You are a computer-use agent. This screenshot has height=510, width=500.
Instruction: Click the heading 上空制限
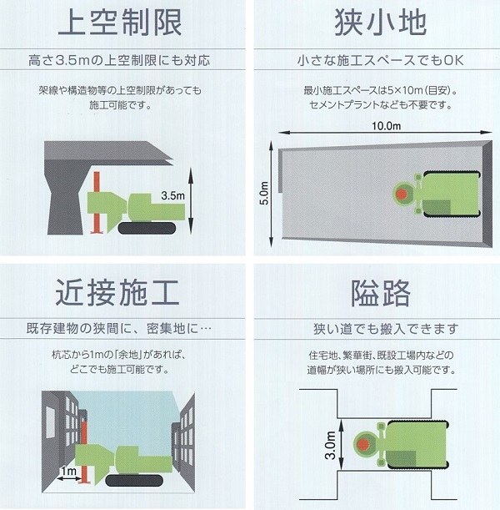pos(120,22)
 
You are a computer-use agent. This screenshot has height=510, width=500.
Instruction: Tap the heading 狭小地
pos(381,22)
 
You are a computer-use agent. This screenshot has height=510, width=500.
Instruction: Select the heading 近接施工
pos(117,292)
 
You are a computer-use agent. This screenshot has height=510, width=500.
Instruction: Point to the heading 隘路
pos(381,293)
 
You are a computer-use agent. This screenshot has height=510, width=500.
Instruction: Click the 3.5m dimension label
pos(172,195)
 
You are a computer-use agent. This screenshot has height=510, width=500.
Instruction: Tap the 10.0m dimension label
pos(386,126)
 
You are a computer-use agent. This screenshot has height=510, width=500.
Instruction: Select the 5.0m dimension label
pos(265,193)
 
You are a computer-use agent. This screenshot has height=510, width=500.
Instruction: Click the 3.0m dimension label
pos(330,445)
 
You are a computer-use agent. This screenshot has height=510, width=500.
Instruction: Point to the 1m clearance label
pos(69,470)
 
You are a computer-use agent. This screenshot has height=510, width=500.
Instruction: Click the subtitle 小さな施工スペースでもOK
pos(381,60)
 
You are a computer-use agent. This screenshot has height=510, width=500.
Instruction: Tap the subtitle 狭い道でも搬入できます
pos(386,329)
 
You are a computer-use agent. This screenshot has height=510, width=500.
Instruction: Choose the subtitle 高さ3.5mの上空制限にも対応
pos(119,60)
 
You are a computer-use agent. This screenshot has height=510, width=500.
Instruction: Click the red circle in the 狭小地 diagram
pos(402,194)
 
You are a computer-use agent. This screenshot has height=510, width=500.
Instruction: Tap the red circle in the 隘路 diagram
pos(363,444)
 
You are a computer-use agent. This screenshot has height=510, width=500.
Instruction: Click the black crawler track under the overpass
pos(147,229)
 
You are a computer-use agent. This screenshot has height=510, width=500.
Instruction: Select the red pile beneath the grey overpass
pos(97,203)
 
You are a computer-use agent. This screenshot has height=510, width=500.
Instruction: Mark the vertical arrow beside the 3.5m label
pos(191,200)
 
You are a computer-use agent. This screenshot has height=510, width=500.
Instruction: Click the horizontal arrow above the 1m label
pos(69,478)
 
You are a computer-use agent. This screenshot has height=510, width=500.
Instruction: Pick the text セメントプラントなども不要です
pos(380,105)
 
